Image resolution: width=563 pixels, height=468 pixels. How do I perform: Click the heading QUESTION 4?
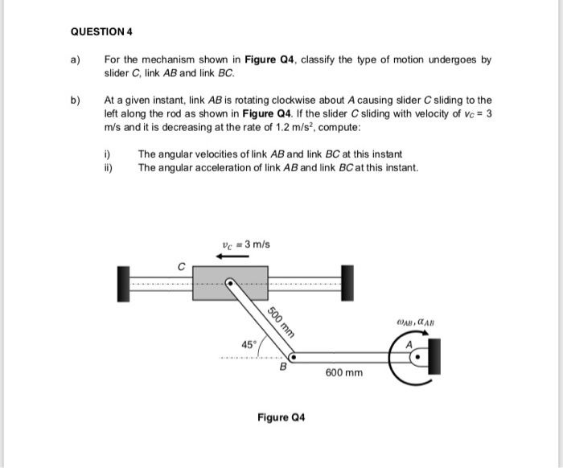pyautogui.click(x=101, y=32)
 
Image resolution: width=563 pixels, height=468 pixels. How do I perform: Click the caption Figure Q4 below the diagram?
pyautogui.click(x=281, y=417)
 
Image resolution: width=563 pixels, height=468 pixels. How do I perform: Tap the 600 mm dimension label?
pyautogui.click(x=344, y=373)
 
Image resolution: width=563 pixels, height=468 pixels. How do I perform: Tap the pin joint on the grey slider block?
pyautogui.click(x=231, y=283)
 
